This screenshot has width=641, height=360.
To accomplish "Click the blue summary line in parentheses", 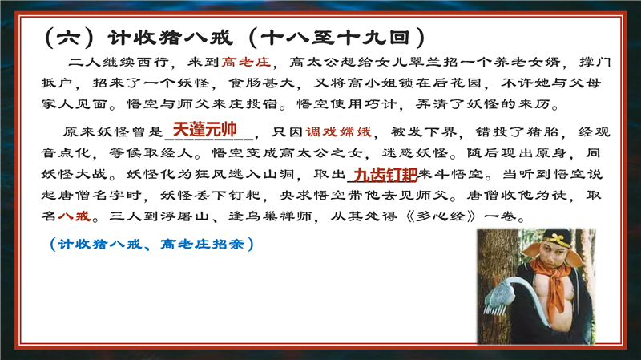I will coord(150,243).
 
